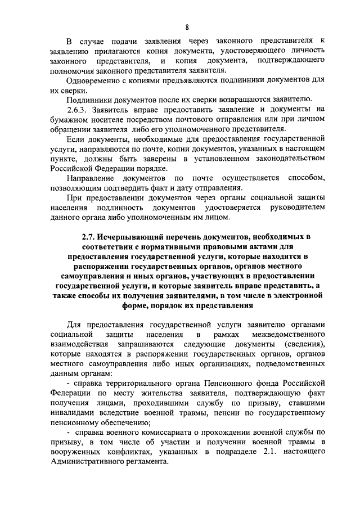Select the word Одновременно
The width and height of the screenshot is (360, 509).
click(93, 80)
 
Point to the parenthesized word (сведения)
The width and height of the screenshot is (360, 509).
click(304, 344)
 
